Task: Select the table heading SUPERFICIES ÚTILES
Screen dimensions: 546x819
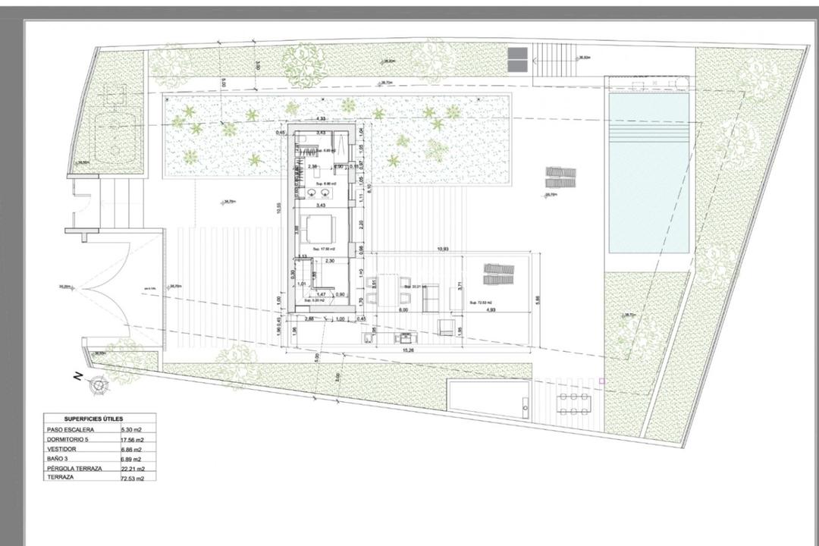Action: [94, 419]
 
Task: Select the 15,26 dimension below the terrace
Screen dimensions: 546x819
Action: [408, 350]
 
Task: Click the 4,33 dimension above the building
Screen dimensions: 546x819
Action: [321, 119]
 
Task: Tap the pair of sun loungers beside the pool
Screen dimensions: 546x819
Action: [560, 178]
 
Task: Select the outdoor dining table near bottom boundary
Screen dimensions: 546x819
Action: [576, 403]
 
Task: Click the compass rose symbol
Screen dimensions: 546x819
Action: [99, 386]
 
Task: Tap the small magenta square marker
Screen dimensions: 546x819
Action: [601, 381]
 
